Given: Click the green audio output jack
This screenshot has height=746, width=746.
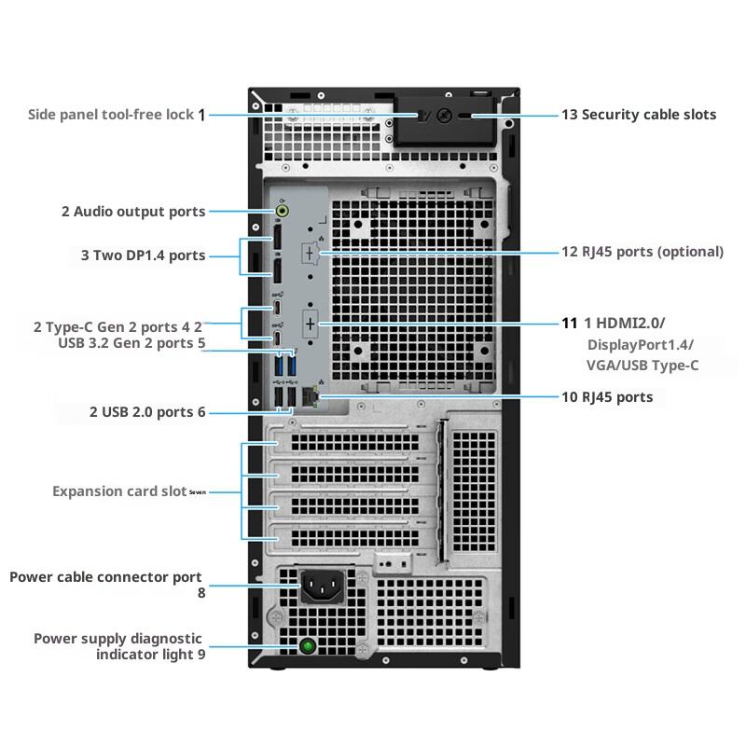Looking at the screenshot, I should tap(283, 211).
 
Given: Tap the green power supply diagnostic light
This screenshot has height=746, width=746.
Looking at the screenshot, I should tap(308, 645).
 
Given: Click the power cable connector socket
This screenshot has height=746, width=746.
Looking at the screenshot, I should tap(322, 587).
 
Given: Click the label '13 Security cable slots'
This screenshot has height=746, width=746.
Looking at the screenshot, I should tap(639, 115).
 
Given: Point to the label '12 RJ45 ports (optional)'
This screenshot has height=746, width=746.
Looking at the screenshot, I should tap(642, 252).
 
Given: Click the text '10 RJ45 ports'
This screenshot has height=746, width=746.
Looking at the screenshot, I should tap(607, 397).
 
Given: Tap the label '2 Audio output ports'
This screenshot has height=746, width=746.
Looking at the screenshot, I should tap(133, 212).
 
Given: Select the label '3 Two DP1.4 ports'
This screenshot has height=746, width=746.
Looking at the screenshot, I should tap(142, 256).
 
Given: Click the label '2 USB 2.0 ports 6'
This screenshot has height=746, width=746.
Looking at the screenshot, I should tap(147, 411).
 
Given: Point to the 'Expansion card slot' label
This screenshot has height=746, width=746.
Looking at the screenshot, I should tap(119, 491).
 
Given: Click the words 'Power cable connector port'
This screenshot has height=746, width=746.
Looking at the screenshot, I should tap(105, 577).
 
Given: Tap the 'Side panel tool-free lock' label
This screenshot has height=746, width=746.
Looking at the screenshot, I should tap(111, 115).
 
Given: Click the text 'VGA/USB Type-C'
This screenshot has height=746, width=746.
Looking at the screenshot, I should tap(642, 366).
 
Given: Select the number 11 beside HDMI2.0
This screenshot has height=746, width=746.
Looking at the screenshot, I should tap(570, 324).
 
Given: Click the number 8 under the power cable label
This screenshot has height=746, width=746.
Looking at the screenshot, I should tap(200, 592).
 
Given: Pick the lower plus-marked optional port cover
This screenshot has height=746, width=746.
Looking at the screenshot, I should tap(311, 324).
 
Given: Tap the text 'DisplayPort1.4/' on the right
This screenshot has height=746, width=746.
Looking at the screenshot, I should tap(639, 345).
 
